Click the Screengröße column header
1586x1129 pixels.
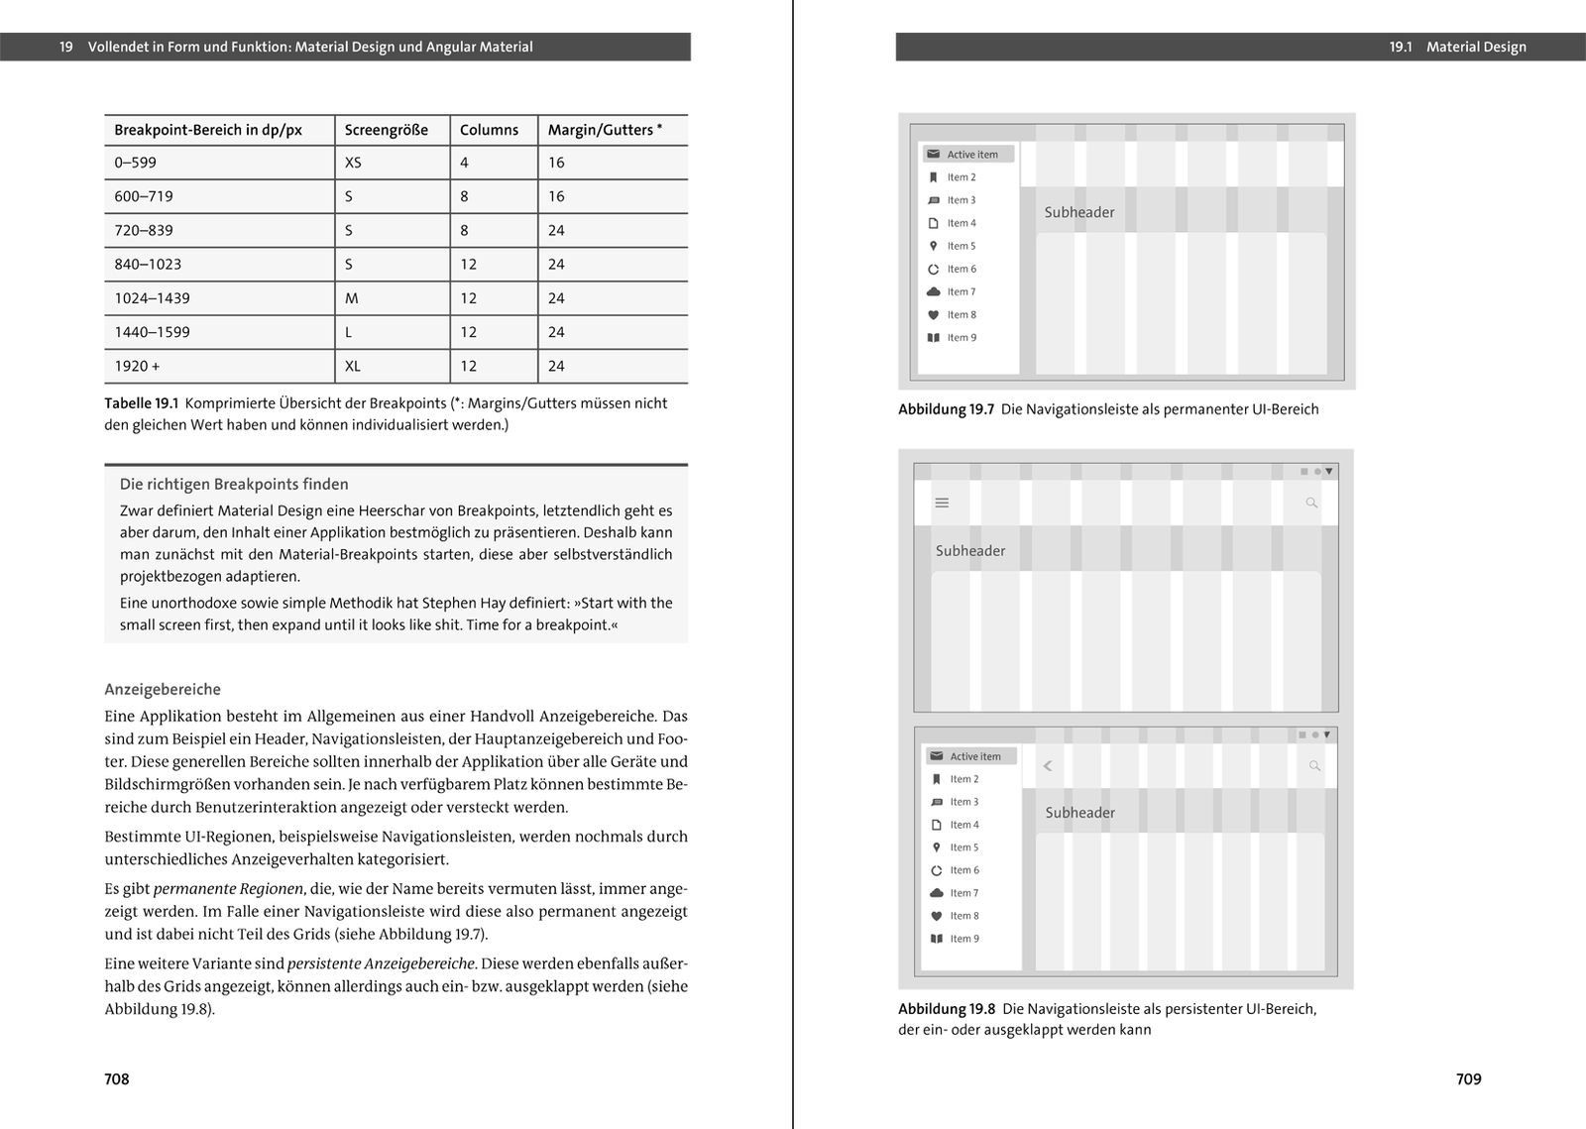[x=387, y=130]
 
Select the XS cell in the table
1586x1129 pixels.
[x=353, y=163]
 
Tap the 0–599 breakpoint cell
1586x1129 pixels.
[x=136, y=163]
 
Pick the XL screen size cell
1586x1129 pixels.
[x=353, y=366]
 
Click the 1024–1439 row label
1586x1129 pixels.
[x=152, y=298]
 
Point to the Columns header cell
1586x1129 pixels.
[x=489, y=130]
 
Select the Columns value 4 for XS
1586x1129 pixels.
[x=464, y=163]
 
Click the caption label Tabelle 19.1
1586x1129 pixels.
[x=141, y=403]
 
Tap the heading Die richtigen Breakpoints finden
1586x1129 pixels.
[x=234, y=485]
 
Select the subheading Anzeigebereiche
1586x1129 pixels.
[x=163, y=690]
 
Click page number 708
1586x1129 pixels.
[x=117, y=1079]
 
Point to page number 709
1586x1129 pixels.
[x=1468, y=1079]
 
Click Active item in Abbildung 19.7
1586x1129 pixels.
[x=971, y=155]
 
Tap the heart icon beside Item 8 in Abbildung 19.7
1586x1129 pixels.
[x=933, y=315]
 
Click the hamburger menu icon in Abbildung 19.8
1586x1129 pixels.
[x=942, y=504]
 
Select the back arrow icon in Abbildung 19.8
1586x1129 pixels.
[x=1048, y=766]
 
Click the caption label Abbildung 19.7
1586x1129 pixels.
[x=946, y=409]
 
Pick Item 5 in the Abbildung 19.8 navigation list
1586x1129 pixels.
[x=963, y=847]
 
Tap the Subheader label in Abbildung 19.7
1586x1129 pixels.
[x=1079, y=212]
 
